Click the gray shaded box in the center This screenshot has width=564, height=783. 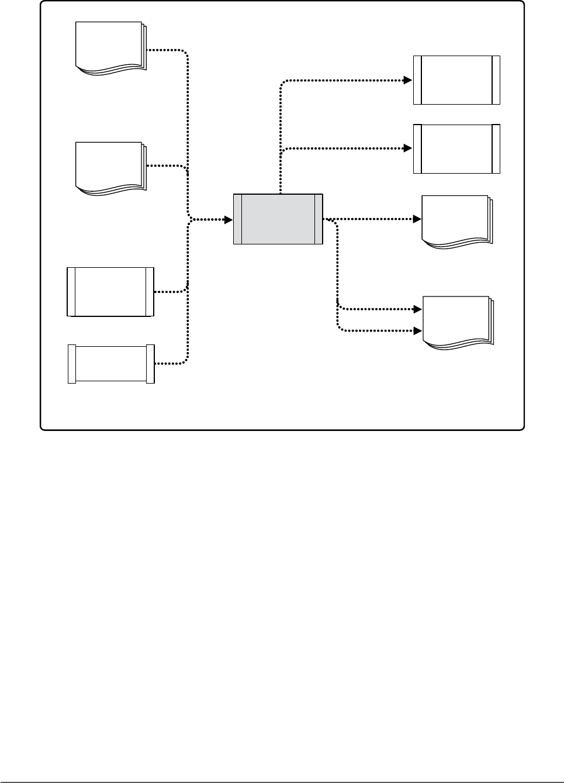pyautogui.click(x=278, y=219)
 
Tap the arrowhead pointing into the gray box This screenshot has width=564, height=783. pyautogui.click(x=229, y=220)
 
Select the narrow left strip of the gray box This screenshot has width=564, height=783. pyautogui.click(x=238, y=219)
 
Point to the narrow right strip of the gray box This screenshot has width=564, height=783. pyautogui.click(x=319, y=219)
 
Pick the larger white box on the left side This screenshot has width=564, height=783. pyautogui.click(x=111, y=292)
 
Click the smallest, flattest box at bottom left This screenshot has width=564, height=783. pyautogui.click(x=111, y=364)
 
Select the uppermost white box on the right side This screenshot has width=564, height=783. pyautogui.click(x=456, y=80)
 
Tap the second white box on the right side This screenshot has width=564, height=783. pyautogui.click(x=456, y=149)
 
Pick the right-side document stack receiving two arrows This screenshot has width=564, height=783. pyautogui.click(x=457, y=322)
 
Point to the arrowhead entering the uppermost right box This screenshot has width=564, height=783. pyautogui.click(x=409, y=80)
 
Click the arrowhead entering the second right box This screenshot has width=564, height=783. pyautogui.click(x=409, y=149)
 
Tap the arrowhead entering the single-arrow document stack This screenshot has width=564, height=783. pyautogui.click(x=417, y=219)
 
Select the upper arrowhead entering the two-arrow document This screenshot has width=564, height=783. pyautogui.click(x=417, y=308)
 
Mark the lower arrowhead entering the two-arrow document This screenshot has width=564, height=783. pyautogui.click(x=417, y=330)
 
